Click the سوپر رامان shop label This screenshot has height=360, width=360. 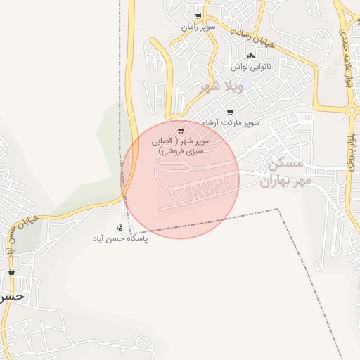[198, 27]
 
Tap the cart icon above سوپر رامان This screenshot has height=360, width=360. [199, 16]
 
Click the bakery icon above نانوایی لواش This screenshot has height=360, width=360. [250, 56]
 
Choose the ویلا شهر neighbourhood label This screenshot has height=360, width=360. [221, 87]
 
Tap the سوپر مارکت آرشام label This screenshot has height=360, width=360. [229, 122]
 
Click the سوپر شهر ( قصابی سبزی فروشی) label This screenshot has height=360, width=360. [181, 146]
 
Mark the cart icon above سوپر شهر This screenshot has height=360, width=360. [181, 130]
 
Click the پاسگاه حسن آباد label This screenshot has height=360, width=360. [120, 239]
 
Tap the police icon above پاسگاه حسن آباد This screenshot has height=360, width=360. [120, 228]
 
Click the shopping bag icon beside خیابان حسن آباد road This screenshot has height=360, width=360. [11, 272]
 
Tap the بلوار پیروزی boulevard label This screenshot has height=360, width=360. [352, 151]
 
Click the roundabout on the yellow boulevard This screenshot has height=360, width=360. [352, 110]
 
